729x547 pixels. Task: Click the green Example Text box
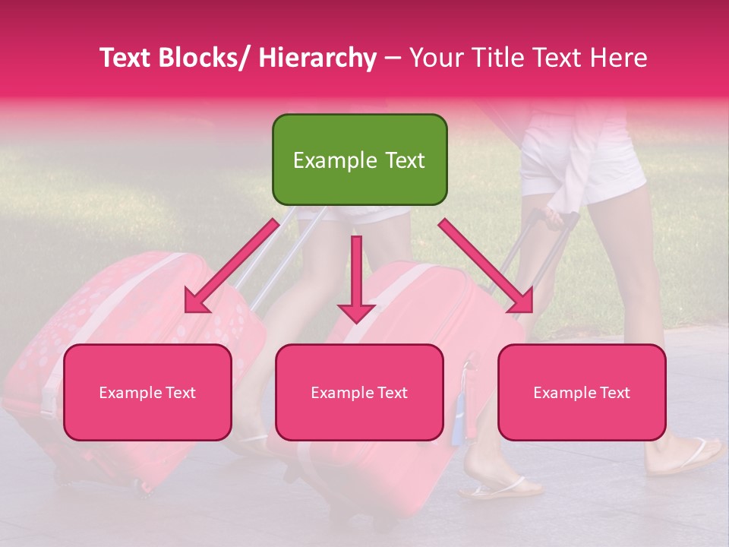(x=359, y=160)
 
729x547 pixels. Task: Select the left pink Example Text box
(x=147, y=392)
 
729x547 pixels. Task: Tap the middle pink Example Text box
(x=359, y=392)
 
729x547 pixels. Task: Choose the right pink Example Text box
(x=582, y=392)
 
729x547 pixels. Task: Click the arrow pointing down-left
(x=232, y=266)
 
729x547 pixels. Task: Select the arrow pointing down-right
(x=486, y=266)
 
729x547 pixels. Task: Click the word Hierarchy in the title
(x=317, y=58)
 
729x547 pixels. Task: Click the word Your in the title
(x=434, y=58)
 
